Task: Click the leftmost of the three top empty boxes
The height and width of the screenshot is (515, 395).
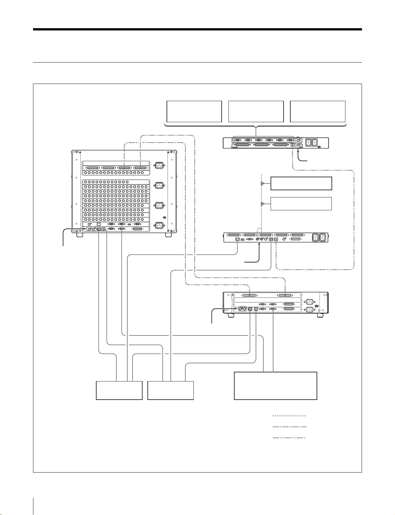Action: click(x=194, y=111)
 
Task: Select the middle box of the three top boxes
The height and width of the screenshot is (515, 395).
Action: click(x=256, y=111)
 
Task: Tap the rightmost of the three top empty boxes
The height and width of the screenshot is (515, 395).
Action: click(x=318, y=111)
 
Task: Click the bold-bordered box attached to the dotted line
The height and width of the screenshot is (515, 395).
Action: click(x=301, y=183)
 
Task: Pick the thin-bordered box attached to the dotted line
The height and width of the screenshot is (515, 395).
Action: click(x=301, y=204)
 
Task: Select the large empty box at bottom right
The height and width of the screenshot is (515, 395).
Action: click(x=275, y=386)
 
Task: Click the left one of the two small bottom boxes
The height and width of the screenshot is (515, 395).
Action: click(x=119, y=390)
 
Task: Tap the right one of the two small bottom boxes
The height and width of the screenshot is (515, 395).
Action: click(x=170, y=390)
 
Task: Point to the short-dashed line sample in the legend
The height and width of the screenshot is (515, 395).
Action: click(x=289, y=416)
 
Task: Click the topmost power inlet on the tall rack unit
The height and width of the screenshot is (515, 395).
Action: click(x=159, y=165)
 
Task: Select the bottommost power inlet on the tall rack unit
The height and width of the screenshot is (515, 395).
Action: click(x=159, y=226)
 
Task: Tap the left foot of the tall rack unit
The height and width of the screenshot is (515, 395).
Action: click(x=79, y=235)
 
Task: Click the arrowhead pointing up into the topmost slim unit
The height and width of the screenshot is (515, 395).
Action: click(x=298, y=152)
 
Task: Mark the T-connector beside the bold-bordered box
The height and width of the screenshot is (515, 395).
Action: click(x=262, y=184)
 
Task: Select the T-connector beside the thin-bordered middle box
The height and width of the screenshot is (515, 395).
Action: click(x=262, y=204)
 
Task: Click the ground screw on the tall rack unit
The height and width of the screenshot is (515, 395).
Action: click(x=165, y=217)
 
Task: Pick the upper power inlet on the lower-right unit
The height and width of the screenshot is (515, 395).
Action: click(x=309, y=302)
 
